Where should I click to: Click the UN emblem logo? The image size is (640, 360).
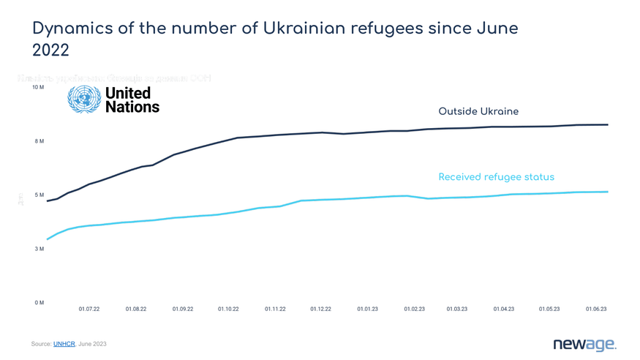84,100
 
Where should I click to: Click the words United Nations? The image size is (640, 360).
132,100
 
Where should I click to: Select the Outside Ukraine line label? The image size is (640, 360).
478,111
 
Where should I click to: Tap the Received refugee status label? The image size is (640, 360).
496,177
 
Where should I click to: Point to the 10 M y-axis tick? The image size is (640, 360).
38,87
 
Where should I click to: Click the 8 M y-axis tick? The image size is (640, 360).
39,141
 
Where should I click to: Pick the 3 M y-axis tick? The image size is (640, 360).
39,249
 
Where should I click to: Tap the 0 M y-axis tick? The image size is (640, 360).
39,303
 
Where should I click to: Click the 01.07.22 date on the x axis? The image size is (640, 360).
89,310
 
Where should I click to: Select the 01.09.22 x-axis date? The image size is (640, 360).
183,310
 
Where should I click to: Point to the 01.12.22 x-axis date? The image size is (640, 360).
320,310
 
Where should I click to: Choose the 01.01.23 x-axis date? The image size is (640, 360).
368,310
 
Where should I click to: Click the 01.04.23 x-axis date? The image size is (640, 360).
503,310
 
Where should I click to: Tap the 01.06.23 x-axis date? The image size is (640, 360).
596,310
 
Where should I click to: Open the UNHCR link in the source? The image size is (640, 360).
64,343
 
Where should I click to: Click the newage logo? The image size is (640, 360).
584,343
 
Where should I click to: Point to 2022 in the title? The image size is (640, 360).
50,50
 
